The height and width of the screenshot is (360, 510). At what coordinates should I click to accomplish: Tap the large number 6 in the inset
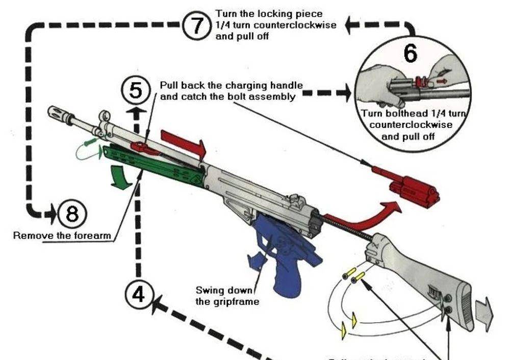(411, 54)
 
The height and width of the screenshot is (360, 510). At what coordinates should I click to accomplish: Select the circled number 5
(135, 91)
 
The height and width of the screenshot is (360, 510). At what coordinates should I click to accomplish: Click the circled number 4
(138, 294)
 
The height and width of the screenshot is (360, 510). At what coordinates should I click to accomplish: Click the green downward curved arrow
(121, 178)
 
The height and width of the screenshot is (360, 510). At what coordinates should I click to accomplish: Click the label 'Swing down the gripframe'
(224, 296)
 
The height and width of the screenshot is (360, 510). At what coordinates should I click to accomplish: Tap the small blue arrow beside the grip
(258, 260)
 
